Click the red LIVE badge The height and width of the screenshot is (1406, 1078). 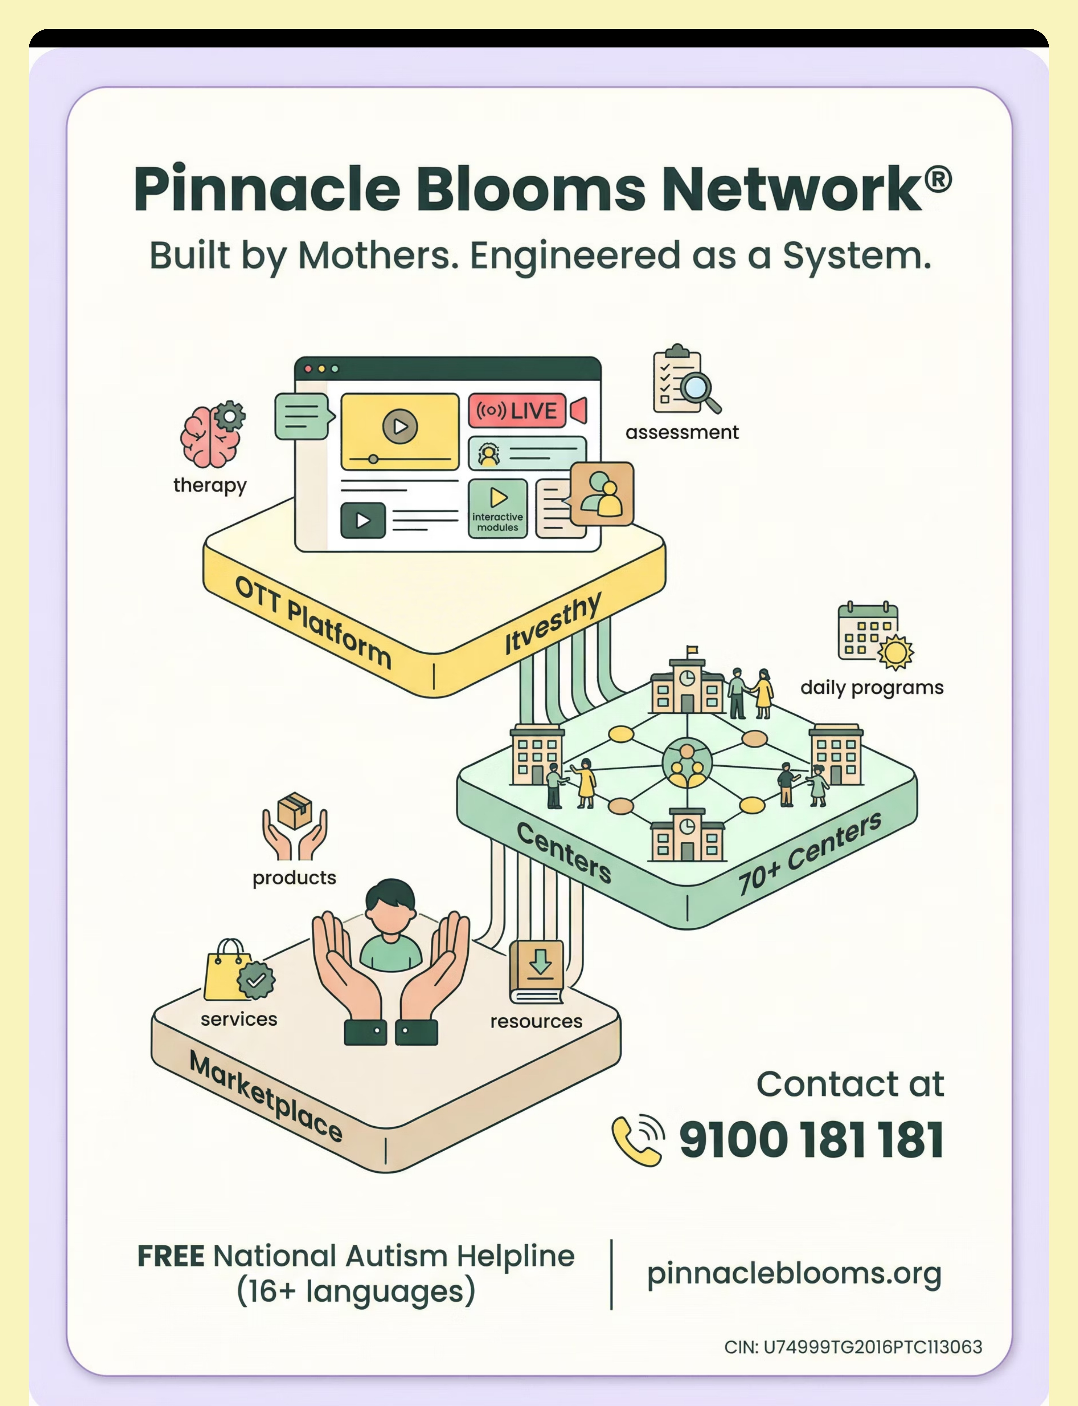[x=517, y=410]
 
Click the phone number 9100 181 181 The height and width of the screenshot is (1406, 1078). [x=811, y=1140]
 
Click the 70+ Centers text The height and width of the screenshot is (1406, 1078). [x=810, y=854]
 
